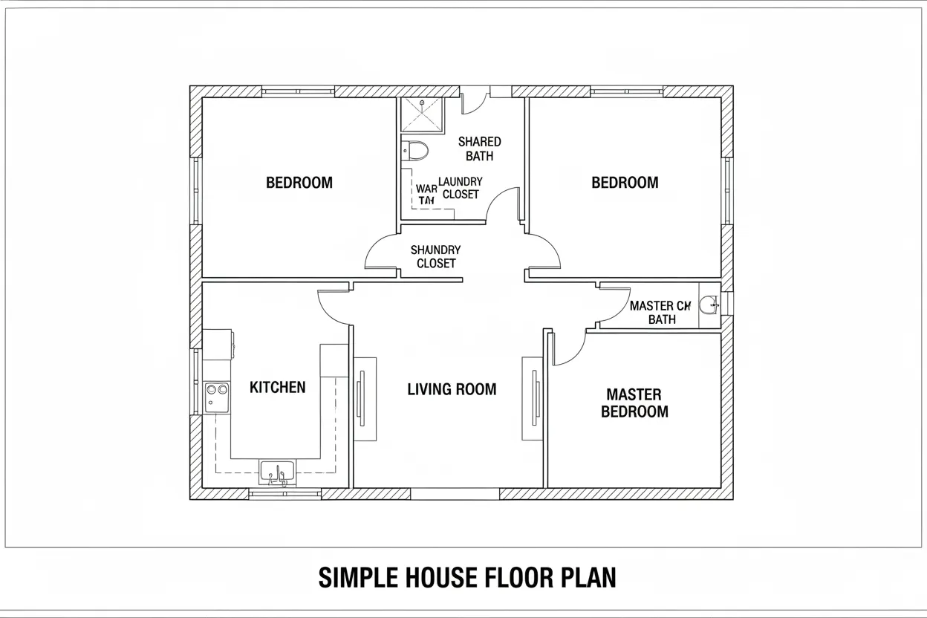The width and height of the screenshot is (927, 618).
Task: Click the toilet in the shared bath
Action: coord(416,151)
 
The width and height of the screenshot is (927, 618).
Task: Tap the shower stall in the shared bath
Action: coord(421,114)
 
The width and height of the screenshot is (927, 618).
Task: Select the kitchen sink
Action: coord(277,472)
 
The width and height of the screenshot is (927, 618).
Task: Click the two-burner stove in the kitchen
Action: coord(216,396)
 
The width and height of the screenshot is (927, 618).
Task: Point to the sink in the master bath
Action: coord(711,305)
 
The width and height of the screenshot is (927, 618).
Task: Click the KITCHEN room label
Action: coord(277,387)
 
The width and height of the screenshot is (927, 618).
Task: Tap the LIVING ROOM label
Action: coord(452,389)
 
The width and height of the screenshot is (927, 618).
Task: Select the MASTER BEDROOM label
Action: coord(634,403)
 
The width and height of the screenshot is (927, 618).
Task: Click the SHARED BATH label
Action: coord(479,149)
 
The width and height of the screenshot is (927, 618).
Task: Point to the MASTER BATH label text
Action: coord(660,313)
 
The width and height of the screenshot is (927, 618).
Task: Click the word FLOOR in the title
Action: coord(494,577)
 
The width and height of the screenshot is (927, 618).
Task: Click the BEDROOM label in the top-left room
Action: coord(299,183)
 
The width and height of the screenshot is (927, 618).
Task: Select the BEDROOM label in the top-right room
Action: coord(625,183)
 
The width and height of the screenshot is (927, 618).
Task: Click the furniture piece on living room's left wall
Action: coord(364,399)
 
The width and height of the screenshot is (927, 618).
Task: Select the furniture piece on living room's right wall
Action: coord(533,399)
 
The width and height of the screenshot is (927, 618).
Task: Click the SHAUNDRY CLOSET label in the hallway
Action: coord(436,257)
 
